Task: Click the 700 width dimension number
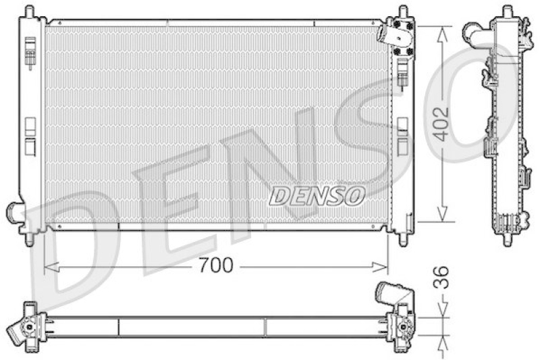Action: pyautogui.click(x=217, y=266)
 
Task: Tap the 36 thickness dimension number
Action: pyautogui.click(x=440, y=278)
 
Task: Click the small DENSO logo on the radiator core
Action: pyautogui.click(x=317, y=196)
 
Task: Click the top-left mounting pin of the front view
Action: pyautogui.click(x=28, y=11)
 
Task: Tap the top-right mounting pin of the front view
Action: pyautogui.click(x=403, y=11)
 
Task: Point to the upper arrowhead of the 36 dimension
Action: pyautogui.click(x=442, y=312)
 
